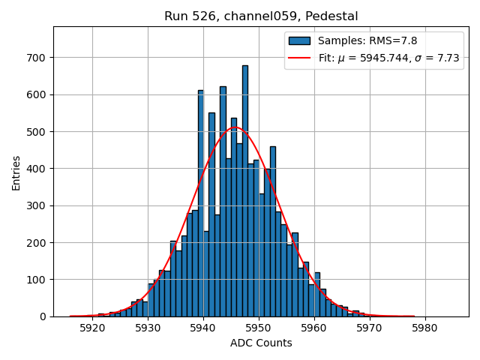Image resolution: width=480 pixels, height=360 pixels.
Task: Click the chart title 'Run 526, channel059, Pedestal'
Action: click(x=261, y=16)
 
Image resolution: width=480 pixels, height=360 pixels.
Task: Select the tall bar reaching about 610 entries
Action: click(x=200, y=203)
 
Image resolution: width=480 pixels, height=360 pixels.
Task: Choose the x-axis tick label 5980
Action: click(x=425, y=328)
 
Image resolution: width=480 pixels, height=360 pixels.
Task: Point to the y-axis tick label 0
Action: click(x=43, y=316)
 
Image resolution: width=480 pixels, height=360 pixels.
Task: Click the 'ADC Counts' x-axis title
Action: click(x=261, y=343)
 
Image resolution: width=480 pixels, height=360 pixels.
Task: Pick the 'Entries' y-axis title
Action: click(x=16, y=172)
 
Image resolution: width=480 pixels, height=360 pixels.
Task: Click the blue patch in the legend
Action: click(x=299, y=40)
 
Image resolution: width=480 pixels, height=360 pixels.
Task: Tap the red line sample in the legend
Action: click(x=299, y=57)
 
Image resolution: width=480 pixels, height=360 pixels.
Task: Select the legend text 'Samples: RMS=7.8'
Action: click(x=367, y=40)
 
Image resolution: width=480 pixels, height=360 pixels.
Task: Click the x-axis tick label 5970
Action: click(x=370, y=328)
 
